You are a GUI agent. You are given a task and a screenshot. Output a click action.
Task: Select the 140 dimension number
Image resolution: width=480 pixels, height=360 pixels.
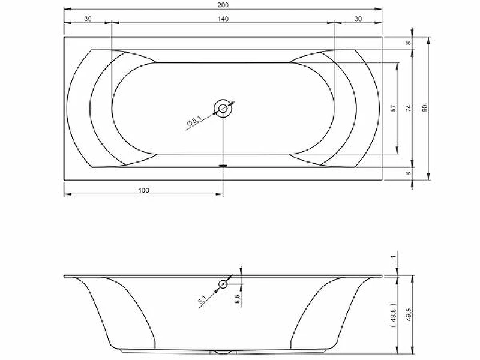223,19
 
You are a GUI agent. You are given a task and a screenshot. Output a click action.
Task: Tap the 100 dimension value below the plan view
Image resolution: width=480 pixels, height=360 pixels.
143,190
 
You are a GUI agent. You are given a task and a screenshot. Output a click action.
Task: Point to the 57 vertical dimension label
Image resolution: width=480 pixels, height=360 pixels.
394,108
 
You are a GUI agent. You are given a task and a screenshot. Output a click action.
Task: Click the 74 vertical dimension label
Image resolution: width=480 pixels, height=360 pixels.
408,108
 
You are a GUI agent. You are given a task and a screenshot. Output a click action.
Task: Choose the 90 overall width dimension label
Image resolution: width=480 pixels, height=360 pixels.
424,108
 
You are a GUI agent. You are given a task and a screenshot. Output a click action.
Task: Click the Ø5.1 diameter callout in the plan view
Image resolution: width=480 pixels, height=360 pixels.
194,122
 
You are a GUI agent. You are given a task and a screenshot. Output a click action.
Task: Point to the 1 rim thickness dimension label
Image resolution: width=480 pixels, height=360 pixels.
394,257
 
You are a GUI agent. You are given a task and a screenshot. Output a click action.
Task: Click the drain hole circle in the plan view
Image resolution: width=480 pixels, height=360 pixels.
223,109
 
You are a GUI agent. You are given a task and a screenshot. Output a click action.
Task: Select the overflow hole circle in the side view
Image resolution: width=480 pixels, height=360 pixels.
223,284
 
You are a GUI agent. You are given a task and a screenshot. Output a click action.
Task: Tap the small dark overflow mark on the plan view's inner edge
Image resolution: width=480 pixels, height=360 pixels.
223,166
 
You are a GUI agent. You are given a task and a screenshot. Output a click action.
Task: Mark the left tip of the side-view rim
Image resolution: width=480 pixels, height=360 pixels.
65,276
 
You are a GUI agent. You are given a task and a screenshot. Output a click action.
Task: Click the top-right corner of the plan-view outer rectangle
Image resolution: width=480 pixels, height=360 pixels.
382,37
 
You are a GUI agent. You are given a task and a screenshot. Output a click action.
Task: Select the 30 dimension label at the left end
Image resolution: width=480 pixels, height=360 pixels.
88,19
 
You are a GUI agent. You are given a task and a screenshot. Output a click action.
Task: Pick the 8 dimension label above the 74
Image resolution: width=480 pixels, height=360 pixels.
408,43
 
